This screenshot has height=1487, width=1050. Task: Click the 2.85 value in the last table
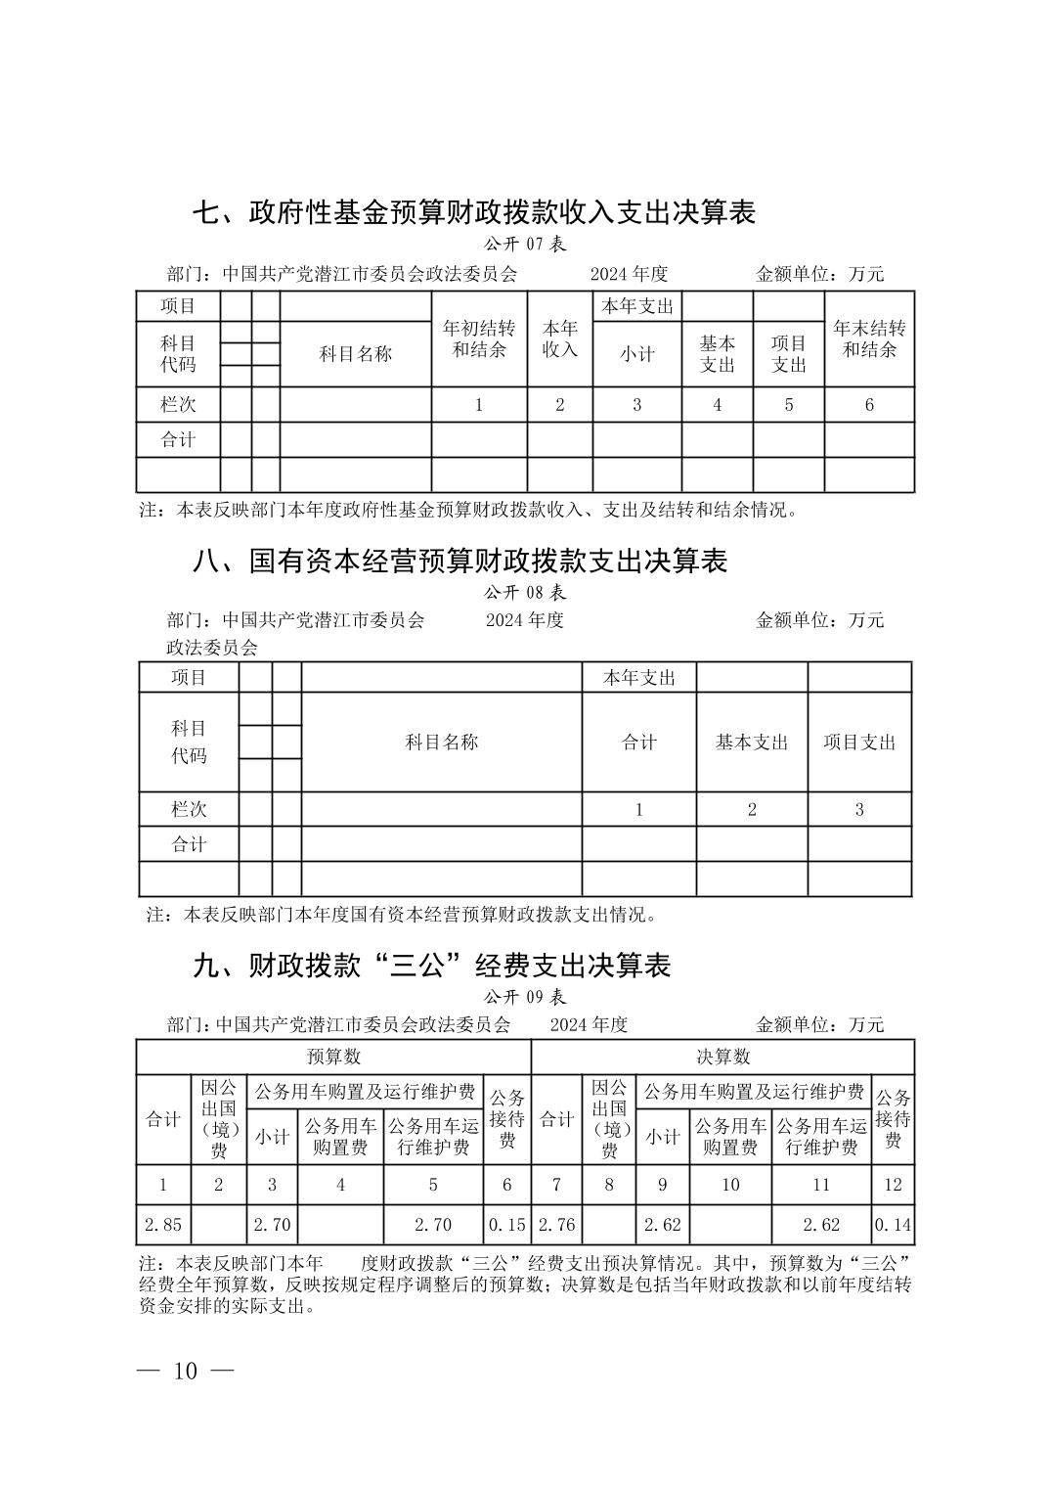163,1223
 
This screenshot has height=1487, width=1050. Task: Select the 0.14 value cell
893,1223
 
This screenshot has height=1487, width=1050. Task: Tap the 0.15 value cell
507,1223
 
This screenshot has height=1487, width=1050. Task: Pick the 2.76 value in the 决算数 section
556,1223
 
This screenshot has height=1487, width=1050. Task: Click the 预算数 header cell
333,1057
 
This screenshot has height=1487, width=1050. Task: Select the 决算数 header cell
722,1057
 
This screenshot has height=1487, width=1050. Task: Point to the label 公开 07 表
525,245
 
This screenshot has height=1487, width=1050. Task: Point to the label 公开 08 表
525,592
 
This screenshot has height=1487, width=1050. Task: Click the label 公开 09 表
525,997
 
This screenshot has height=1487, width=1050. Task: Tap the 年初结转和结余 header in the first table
479,338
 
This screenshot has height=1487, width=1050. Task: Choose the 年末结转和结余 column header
869,338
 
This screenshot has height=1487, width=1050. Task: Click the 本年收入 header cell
560,338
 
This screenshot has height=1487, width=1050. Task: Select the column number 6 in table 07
869,404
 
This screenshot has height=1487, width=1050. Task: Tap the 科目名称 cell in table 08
442,742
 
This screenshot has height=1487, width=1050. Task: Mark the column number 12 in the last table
893,1184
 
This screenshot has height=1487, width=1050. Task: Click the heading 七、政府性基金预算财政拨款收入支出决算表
473,211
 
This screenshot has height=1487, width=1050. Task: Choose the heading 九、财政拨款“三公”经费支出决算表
432,966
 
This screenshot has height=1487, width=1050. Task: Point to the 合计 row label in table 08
189,843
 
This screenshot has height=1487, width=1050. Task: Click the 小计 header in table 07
636,354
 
